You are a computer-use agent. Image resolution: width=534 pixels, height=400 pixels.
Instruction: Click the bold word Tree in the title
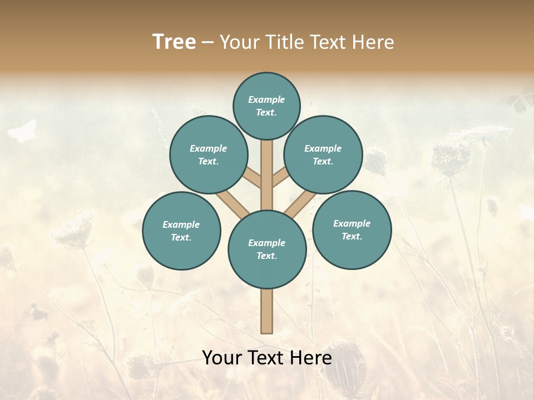click(174, 42)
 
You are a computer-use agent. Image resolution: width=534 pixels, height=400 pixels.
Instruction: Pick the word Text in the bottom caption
click(266, 358)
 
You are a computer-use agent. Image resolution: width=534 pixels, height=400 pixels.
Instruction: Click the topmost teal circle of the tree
click(266, 106)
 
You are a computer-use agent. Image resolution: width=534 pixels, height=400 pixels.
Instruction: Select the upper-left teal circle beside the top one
click(209, 154)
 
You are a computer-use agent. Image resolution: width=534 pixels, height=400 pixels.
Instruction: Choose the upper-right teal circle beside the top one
click(323, 154)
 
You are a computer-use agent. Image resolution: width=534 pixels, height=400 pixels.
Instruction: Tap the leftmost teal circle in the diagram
click(181, 231)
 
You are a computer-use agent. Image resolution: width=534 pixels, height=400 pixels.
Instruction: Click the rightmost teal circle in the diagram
click(352, 229)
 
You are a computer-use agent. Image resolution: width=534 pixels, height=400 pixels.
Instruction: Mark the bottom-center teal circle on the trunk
click(267, 249)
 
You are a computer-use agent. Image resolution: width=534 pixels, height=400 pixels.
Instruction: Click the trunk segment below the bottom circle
click(267, 311)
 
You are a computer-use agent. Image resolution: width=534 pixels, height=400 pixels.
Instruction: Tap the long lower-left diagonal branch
click(233, 203)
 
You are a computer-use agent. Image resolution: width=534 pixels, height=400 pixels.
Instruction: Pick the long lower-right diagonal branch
click(299, 204)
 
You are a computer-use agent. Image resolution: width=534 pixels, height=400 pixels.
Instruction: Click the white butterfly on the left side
click(22, 131)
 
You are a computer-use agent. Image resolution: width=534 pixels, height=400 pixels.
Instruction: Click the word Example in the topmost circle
click(266, 99)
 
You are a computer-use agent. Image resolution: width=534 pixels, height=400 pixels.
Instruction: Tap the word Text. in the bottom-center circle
click(266, 256)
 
